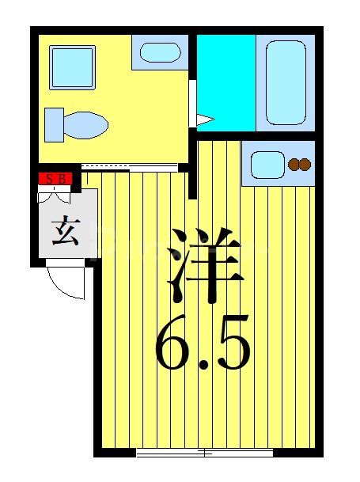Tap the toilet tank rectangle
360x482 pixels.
(x=53, y=123)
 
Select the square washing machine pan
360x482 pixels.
(x=72, y=66)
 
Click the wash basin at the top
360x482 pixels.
(x=161, y=53)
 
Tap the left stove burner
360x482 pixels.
(x=294, y=165)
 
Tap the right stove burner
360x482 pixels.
(x=305, y=165)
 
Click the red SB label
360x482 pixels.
(x=56, y=178)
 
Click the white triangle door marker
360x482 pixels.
(x=205, y=120)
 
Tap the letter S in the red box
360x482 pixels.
(x=49, y=178)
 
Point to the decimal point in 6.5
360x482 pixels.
(x=203, y=366)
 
